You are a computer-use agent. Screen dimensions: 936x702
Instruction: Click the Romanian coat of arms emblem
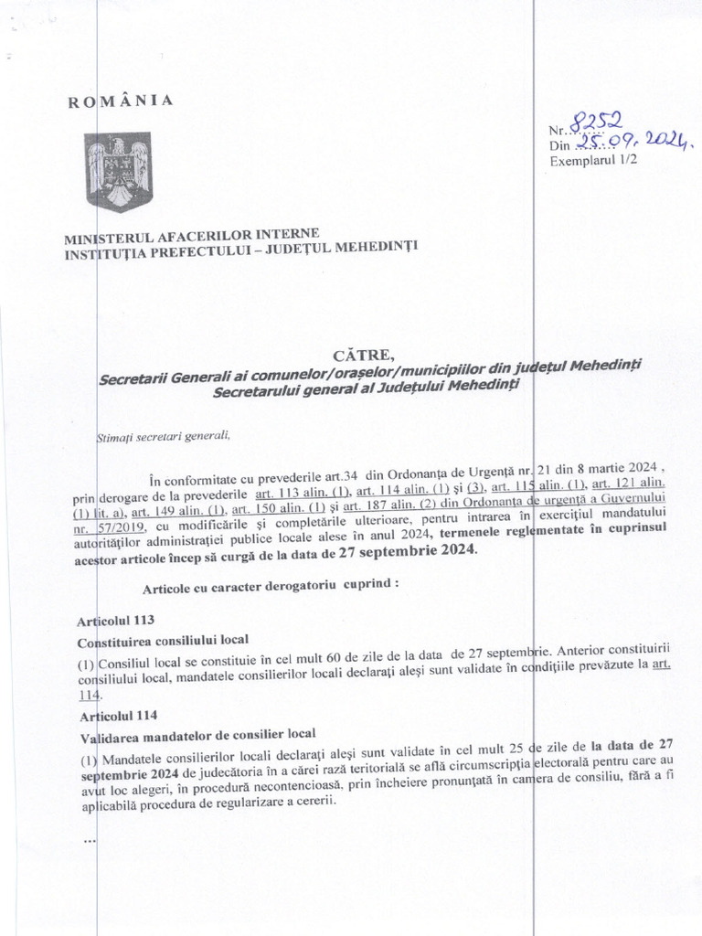(x=118, y=171)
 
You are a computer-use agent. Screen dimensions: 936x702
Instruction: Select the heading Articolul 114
(x=111, y=714)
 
